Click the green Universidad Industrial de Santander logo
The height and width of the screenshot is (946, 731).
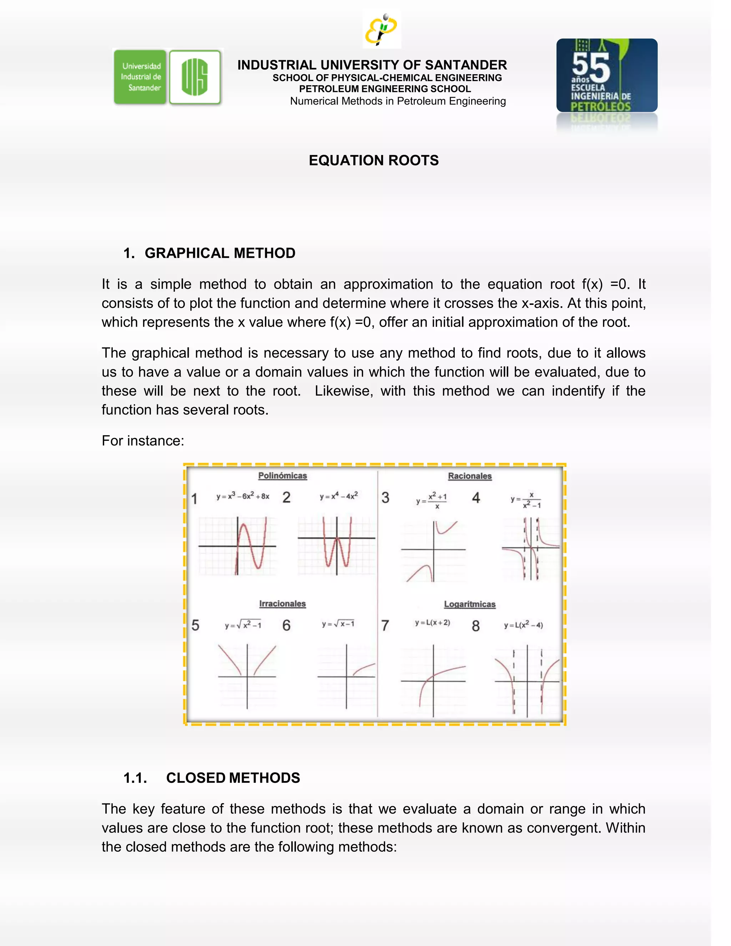pos(140,77)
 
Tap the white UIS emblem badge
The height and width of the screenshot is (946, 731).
pos(195,77)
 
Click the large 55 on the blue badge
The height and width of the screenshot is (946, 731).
pos(591,67)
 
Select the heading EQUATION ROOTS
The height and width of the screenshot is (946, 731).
pos(373,160)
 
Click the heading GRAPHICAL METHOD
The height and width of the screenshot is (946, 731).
pos(220,253)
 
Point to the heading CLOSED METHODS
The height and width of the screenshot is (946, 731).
pos(233,778)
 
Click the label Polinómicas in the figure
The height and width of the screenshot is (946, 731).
pos(282,475)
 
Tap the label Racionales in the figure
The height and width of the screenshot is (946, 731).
pos(469,476)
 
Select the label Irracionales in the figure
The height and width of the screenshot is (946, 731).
pos(282,603)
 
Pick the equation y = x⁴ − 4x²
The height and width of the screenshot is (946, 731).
pos(339,496)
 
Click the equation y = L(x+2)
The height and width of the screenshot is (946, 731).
pos(432,623)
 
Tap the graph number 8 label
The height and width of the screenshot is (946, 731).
pos(475,626)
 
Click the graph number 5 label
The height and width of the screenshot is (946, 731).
pos(195,625)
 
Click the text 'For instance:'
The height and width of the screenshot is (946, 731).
pos(143,441)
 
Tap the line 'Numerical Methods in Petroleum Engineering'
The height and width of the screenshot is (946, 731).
pos(398,101)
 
